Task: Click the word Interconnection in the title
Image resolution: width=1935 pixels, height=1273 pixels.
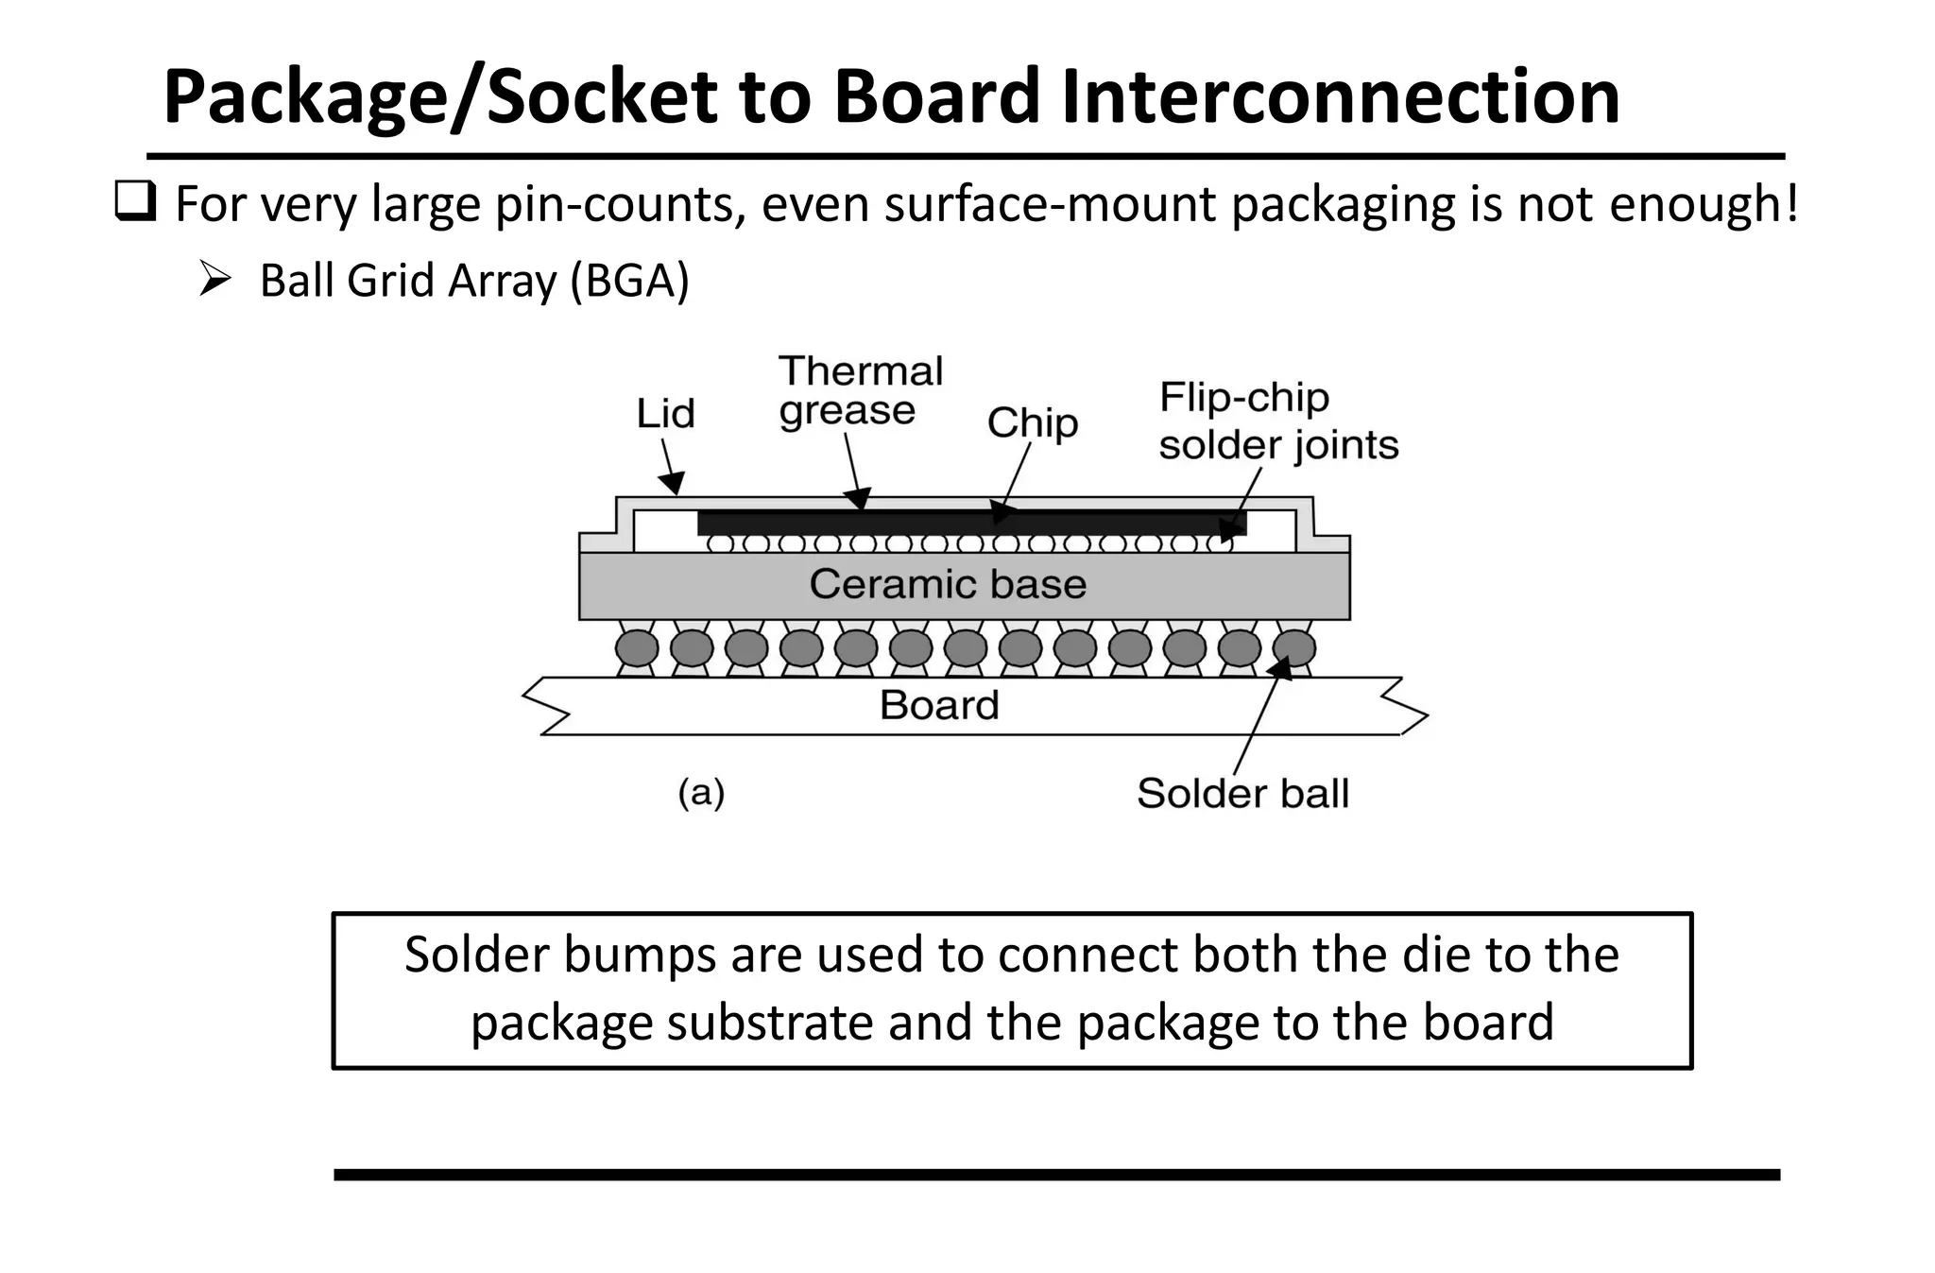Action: pos(1340,96)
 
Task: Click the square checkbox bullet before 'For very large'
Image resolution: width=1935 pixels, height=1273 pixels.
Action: pos(135,202)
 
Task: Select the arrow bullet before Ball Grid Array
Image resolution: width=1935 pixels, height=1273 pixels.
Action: pos(215,280)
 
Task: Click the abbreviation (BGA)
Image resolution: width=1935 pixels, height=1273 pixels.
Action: pos(630,281)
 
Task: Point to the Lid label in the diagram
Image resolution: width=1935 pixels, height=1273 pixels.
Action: pos(665,414)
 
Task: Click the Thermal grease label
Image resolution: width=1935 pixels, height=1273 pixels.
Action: pos(859,391)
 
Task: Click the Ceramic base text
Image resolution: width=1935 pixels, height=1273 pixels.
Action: pos(948,584)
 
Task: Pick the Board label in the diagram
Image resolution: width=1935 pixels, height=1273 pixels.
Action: pos(939,705)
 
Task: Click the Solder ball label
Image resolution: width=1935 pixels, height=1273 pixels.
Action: pos(1241,793)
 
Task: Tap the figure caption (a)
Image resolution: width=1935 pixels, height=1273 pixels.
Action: pos(701,792)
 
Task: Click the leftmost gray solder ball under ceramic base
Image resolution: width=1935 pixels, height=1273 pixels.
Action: pos(637,648)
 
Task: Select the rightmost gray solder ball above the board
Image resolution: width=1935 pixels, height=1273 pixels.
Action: pos(1294,648)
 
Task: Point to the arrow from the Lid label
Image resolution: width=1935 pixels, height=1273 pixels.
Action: pos(671,468)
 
